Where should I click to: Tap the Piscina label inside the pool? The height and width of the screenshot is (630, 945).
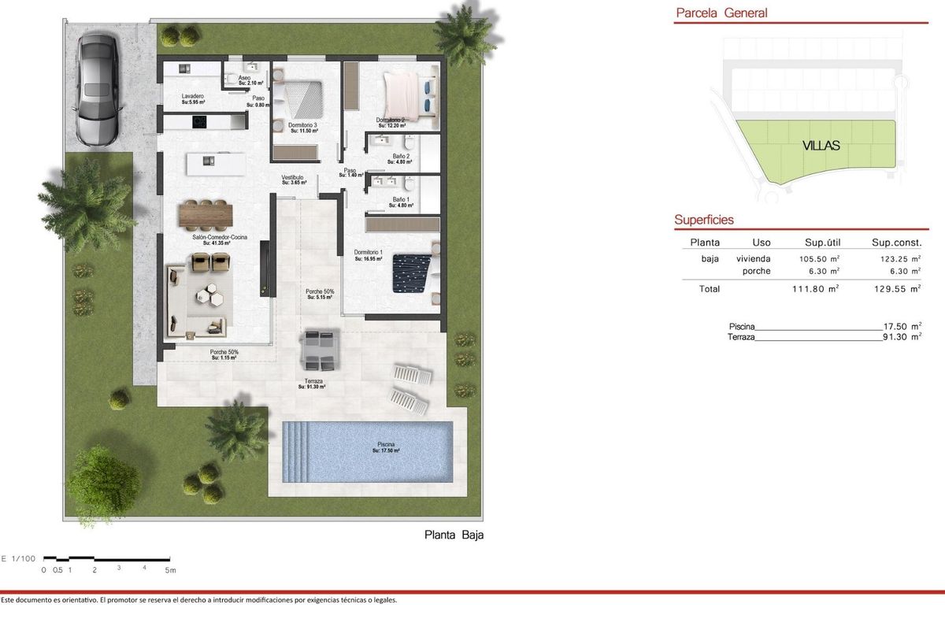coord(386,447)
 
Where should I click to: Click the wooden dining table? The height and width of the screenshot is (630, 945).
coord(206,213)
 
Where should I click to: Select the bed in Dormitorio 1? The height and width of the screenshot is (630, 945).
coord(413,269)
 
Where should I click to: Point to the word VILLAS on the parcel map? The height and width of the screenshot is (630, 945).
coord(821,146)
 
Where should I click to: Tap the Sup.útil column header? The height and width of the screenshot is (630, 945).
coord(825,243)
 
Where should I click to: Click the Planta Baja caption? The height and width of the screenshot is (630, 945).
coord(454,535)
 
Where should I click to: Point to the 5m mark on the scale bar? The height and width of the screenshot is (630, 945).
coord(170,569)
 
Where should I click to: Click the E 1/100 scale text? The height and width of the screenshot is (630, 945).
coord(18,558)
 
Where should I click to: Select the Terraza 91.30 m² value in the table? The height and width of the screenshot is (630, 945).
coord(902,336)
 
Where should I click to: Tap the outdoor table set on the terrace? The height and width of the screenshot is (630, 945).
coord(320,349)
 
